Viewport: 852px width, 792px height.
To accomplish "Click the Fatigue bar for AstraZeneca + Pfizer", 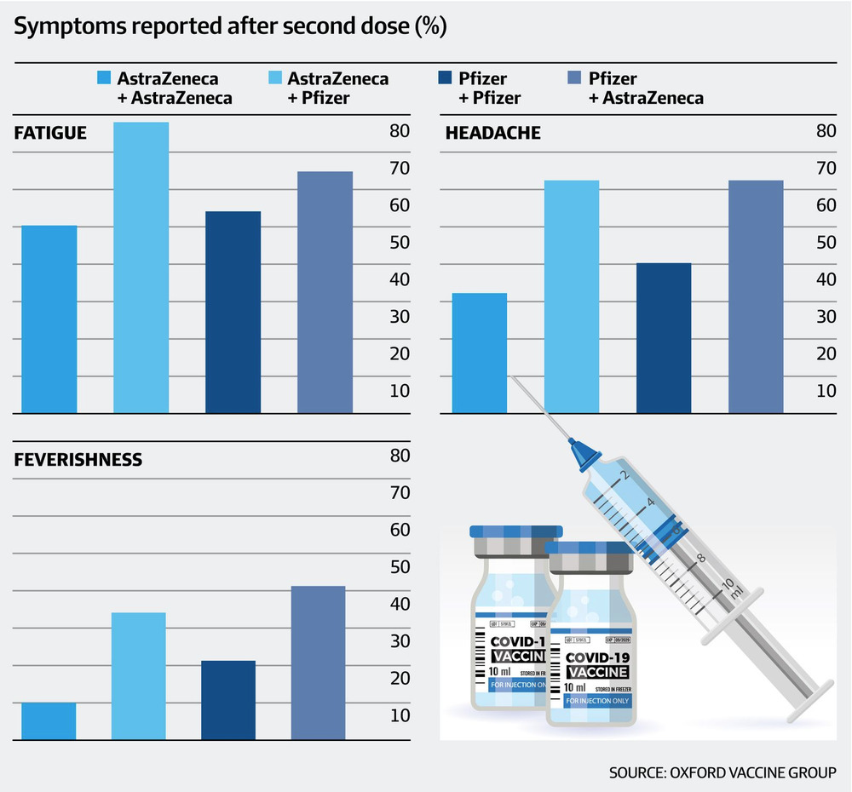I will pyautogui.click(x=141, y=268).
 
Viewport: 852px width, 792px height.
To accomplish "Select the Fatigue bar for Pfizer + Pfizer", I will pyautogui.click(x=233, y=313).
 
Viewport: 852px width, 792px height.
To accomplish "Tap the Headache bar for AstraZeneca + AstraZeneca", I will pyautogui.click(x=480, y=353).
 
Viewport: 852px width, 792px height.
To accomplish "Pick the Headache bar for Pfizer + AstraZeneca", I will pyautogui.click(x=755, y=297).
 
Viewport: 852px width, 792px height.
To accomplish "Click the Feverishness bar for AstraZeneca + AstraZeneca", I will pyautogui.click(x=49, y=720).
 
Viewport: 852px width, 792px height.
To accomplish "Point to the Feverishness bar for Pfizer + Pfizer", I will pyautogui.click(x=227, y=700).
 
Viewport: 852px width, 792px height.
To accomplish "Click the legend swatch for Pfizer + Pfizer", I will pyautogui.click(x=442, y=78).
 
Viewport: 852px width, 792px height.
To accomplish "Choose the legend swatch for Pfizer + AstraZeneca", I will pyautogui.click(x=574, y=78).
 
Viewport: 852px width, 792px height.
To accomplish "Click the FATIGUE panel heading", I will pyautogui.click(x=51, y=133).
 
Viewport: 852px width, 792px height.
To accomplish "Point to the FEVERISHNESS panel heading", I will pyautogui.click(x=78, y=461).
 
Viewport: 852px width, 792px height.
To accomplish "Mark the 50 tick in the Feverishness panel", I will pyautogui.click(x=400, y=566).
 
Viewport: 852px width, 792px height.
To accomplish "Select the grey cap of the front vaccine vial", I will pyautogui.click(x=590, y=562).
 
